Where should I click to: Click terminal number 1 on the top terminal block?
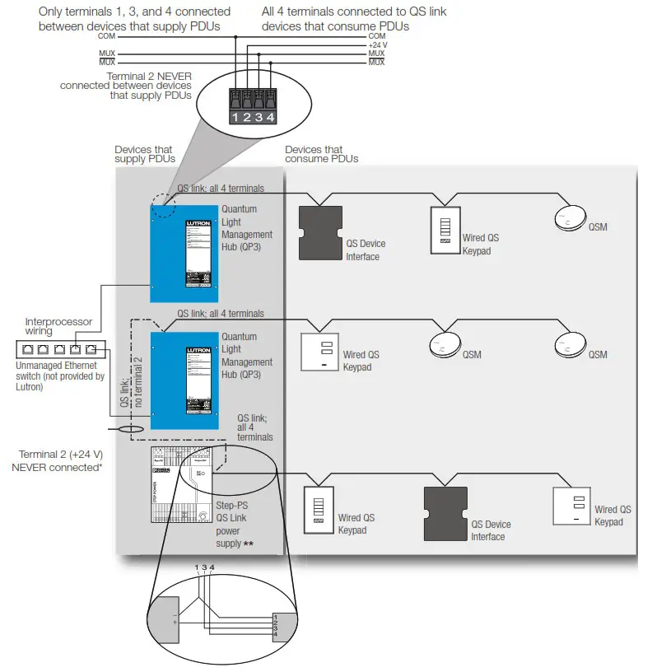(235, 118)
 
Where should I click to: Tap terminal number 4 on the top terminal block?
(270, 118)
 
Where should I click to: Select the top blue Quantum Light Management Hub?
(184, 252)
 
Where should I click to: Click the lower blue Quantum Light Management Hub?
(184, 380)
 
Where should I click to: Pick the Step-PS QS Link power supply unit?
(182, 485)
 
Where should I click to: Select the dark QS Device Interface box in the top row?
(319, 231)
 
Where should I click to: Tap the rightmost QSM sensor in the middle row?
(570, 345)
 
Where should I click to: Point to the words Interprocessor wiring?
(58, 327)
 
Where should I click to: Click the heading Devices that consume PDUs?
(322, 154)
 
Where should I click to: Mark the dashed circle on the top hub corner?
(163, 205)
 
